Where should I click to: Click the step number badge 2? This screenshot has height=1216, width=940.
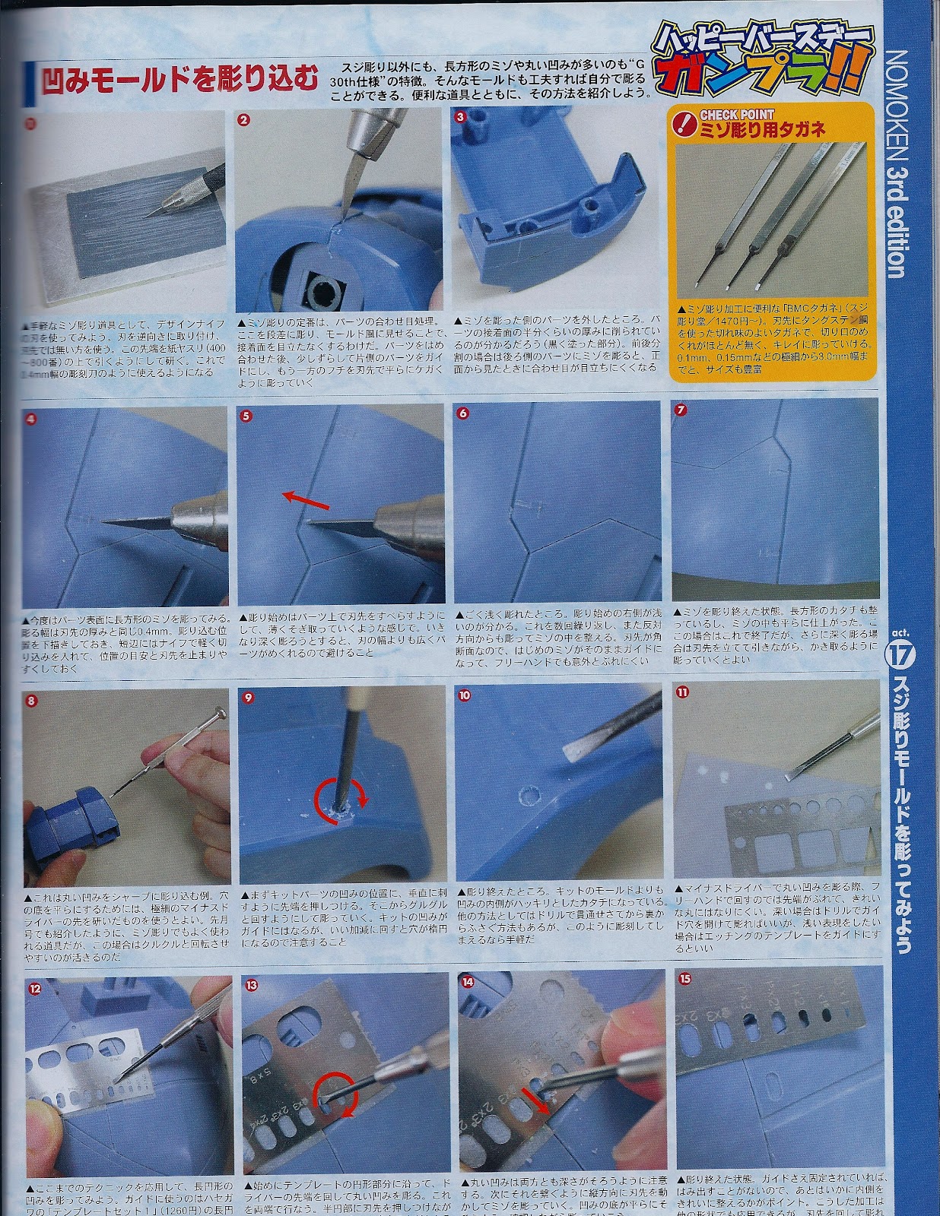[x=244, y=119]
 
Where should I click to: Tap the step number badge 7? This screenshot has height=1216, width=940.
[x=681, y=410]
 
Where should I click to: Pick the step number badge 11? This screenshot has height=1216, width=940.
[x=682, y=692]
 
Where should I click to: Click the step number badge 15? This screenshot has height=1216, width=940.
[x=686, y=979]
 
